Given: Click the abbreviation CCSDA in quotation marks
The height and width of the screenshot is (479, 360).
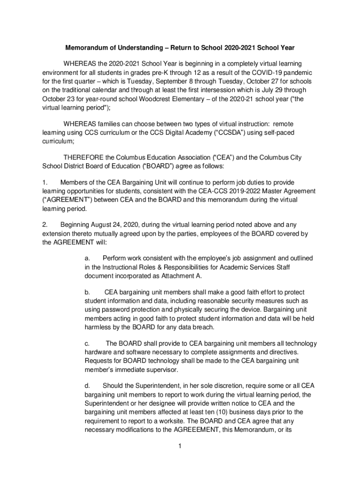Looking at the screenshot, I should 221,132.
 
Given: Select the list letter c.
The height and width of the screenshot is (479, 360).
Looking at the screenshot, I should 87,343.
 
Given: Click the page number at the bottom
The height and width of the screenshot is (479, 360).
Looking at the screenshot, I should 180,446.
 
